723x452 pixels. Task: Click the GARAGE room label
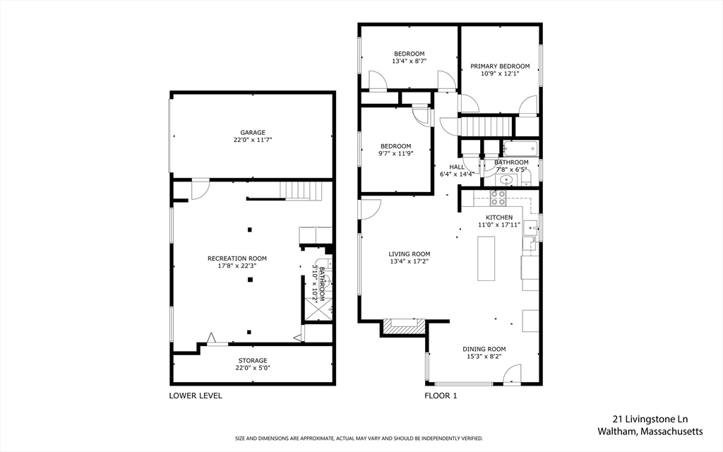(252, 133)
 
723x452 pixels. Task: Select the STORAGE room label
(252, 361)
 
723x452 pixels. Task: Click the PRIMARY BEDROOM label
(500, 66)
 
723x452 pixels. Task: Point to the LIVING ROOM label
(409, 254)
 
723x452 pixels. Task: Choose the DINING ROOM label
(484, 349)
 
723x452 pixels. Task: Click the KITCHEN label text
(498, 218)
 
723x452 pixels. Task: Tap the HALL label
(457, 167)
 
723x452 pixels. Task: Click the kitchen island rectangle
(486, 258)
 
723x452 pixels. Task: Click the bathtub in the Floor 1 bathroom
(520, 149)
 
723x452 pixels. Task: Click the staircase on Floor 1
(486, 126)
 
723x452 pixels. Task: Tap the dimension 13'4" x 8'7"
(409, 61)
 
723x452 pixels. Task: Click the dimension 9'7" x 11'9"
(395, 153)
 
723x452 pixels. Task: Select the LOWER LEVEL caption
(196, 395)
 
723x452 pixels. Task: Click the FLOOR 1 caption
(441, 395)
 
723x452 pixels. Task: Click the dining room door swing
(513, 374)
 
